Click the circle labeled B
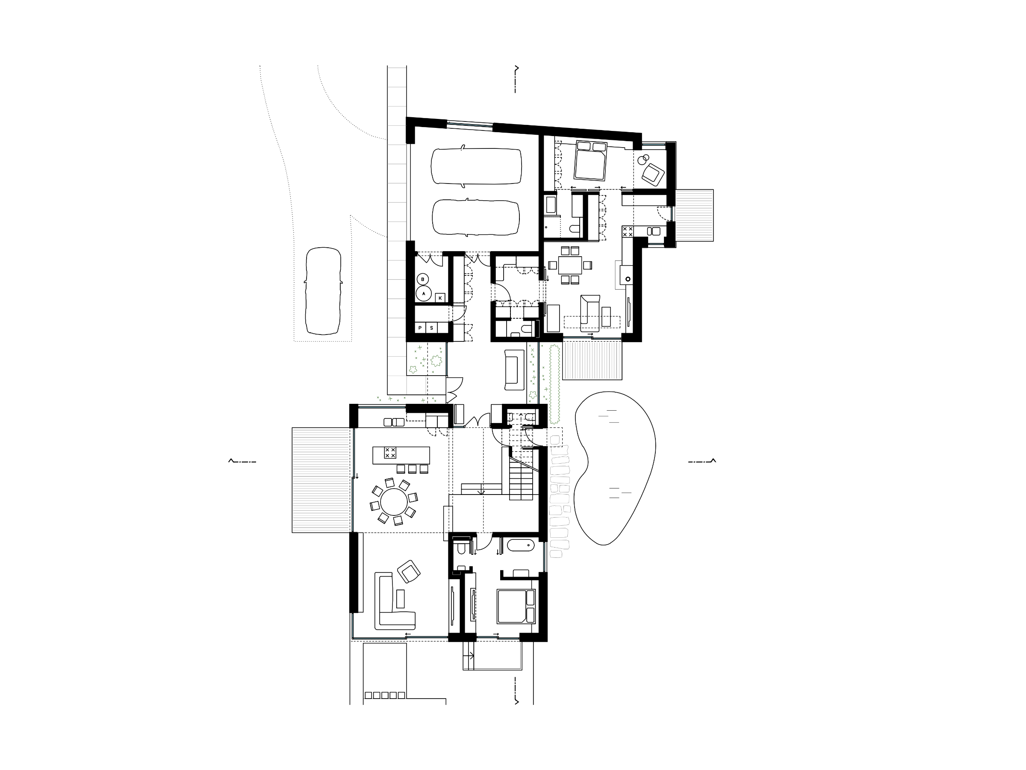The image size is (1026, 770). click(x=422, y=279)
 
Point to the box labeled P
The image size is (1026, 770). click(x=420, y=328)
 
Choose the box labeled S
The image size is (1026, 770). click(x=431, y=328)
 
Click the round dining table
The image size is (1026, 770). click(x=394, y=502)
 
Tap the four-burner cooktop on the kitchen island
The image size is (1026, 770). click(x=390, y=453)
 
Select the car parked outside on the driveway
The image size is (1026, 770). click(x=323, y=291)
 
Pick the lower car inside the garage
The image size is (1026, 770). click(x=476, y=218)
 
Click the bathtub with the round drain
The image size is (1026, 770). click(x=520, y=545)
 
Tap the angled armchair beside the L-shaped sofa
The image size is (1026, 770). click(x=409, y=571)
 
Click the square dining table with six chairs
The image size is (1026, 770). click(x=569, y=265)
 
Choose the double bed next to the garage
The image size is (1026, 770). click(x=590, y=160)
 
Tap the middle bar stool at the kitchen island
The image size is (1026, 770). click(x=413, y=469)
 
